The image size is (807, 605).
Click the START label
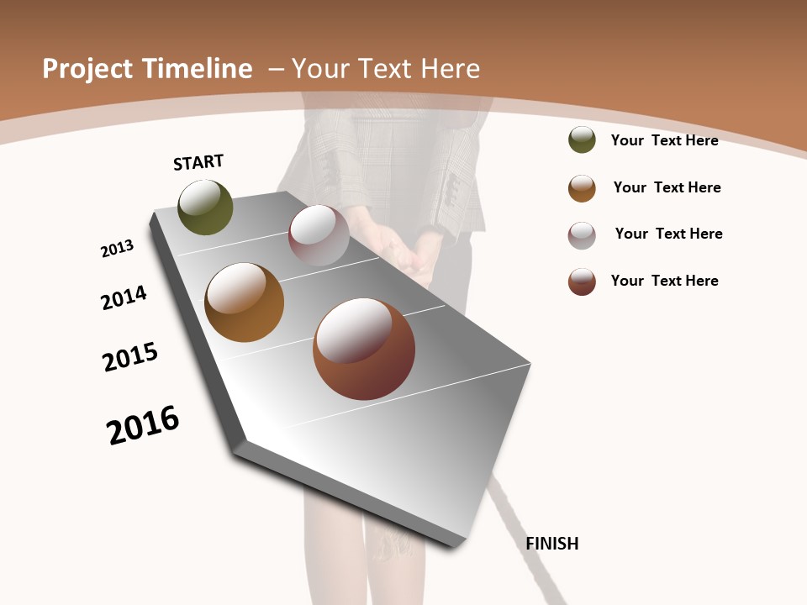tap(198, 162)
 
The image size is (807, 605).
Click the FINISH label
tap(551, 544)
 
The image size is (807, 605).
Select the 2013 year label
tap(117, 249)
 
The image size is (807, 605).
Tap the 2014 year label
tap(124, 297)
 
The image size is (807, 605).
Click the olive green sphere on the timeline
tap(205, 208)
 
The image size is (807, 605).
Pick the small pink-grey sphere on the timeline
tap(319, 235)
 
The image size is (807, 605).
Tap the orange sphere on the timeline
tap(244, 302)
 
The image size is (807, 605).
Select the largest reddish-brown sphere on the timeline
tap(364, 349)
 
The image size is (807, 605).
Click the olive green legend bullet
tap(582, 140)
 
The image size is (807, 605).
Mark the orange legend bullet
tap(582, 188)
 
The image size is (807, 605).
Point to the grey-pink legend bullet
tap(582, 235)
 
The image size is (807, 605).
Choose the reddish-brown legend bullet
tap(582, 281)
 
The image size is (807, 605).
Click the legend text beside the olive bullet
tap(664, 140)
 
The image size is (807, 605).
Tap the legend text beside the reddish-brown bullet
tap(664, 281)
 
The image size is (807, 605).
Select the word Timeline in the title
tap(197, 69)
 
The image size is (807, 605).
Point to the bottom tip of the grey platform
tap(454, 543)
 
